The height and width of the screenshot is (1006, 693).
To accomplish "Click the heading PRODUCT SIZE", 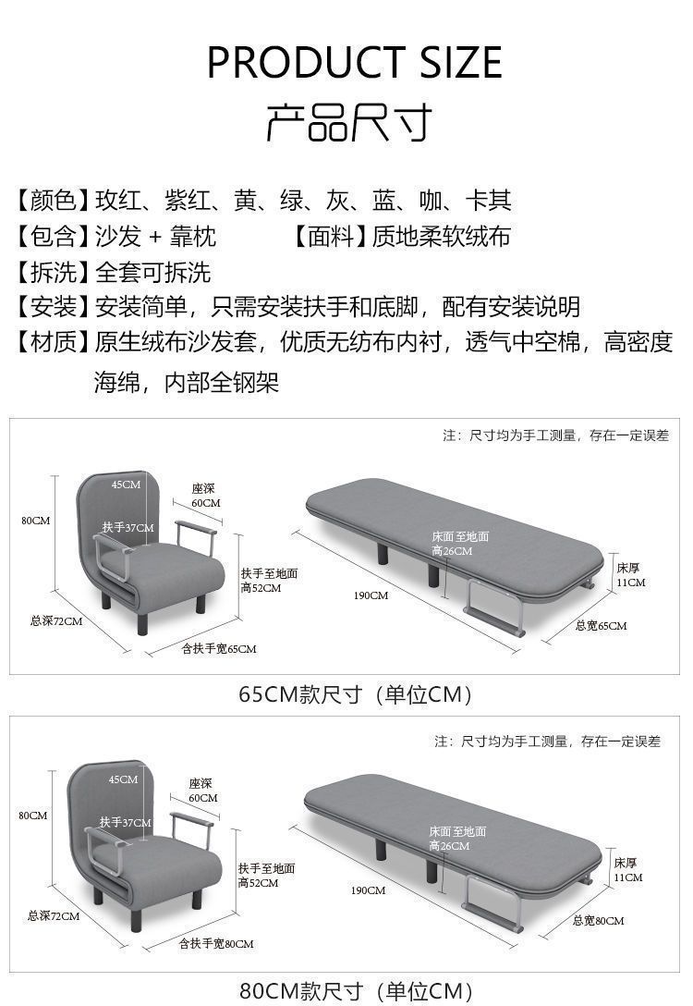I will pos(354,63).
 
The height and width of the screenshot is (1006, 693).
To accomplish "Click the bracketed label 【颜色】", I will pos(51,201).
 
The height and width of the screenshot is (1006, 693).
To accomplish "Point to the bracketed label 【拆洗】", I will pos(51,273).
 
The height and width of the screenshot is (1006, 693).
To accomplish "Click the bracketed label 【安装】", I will pos(51,307).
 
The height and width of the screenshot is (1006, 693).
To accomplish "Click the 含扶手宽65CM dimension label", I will pos(219,649).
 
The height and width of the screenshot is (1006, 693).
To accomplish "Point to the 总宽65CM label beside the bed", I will pos(601,626).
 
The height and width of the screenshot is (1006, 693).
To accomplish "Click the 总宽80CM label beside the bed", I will pos(598,921).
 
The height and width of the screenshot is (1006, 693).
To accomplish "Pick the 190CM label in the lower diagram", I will pos(368,890).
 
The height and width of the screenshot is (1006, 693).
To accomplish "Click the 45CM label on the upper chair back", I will pos(127,485).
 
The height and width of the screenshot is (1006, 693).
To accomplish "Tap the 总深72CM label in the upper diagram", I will pos(55,621).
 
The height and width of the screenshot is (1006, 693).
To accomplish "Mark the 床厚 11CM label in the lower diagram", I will pos(627,870).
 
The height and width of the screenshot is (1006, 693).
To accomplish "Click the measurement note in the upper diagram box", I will pos(555,436).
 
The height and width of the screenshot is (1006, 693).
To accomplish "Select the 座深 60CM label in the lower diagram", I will pos(203,791).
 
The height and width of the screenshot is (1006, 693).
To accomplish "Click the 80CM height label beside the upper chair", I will pos(35,521).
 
